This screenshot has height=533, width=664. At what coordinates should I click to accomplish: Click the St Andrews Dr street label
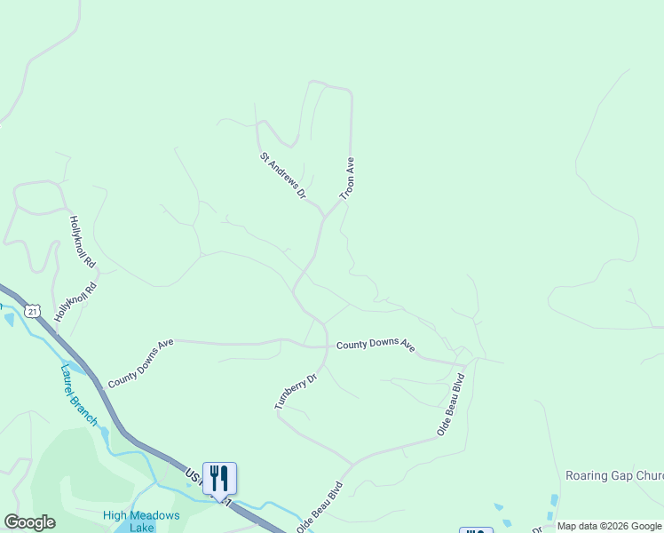click(283, 175)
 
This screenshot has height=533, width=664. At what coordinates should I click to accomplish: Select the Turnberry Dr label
click(296, 391)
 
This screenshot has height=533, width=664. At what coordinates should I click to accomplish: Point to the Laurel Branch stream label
click(79, 394)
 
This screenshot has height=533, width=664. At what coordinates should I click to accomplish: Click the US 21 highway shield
click(33, 310)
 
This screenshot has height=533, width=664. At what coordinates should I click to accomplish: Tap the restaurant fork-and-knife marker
click(219, 478)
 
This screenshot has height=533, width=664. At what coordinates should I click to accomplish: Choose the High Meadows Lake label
click(141, 521)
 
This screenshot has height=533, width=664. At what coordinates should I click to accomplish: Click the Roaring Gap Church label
click(614, 476)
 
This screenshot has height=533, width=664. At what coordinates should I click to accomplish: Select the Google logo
click(29, 522)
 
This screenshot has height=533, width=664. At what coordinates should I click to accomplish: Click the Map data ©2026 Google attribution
click(609, 526)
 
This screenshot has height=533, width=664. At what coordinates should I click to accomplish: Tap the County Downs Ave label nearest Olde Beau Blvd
click(375, 345)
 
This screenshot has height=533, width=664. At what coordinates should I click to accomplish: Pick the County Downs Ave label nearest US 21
click(140, 362)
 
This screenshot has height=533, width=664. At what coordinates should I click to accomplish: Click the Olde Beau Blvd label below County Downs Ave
click(451, 405)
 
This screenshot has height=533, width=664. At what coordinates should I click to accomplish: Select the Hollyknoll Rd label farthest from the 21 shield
click(82, 242)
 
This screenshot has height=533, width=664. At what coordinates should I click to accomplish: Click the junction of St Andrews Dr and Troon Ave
click(324, 217)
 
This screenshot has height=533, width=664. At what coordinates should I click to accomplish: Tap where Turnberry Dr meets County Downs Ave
click(325, 346)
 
